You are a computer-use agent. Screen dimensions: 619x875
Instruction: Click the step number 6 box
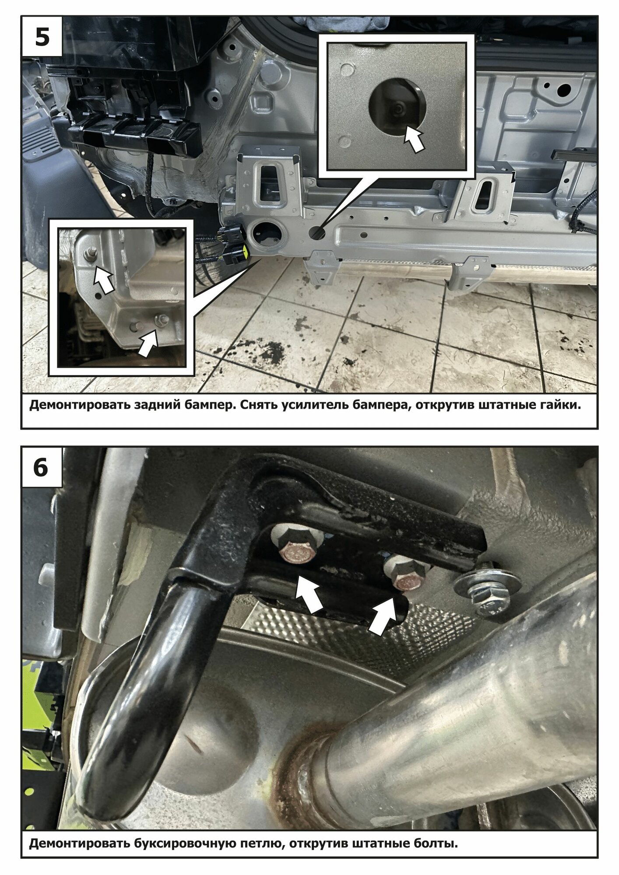coord(41,468)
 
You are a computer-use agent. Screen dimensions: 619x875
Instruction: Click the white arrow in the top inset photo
coord(413,138)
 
